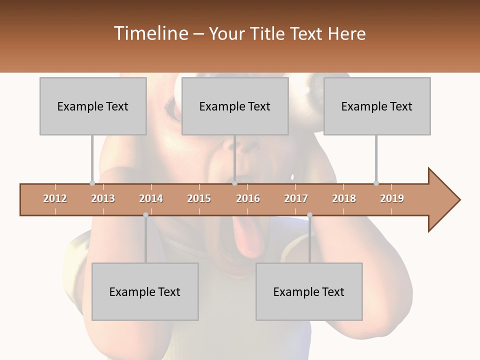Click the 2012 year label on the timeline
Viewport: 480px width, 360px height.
(x=55, y=198)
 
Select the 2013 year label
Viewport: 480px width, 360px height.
(x=103, y=198)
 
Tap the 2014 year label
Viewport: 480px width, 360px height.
(x=151, y=198)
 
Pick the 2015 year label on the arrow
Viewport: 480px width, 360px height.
(x=199, y=198)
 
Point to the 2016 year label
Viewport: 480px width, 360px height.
(x=248, y=198)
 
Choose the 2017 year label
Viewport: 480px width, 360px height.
(x=296, y=198)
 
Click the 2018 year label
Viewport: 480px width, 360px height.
(x=344, y=198)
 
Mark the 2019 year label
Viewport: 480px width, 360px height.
(x=392, y=198)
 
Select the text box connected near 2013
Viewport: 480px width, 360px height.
(x=93, y=106)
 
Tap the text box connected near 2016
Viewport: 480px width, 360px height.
(x=235, y=106)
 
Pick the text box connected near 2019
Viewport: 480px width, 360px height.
(x=377, y=106)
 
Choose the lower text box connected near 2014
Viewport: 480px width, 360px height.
(x=145, y=291)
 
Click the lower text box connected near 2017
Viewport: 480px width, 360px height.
(x=309, y=291)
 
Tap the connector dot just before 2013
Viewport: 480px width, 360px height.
(x=92, y=183)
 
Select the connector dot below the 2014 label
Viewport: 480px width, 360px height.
(x=145, y=215)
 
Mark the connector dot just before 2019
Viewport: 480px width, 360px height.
(x=376, y=183)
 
